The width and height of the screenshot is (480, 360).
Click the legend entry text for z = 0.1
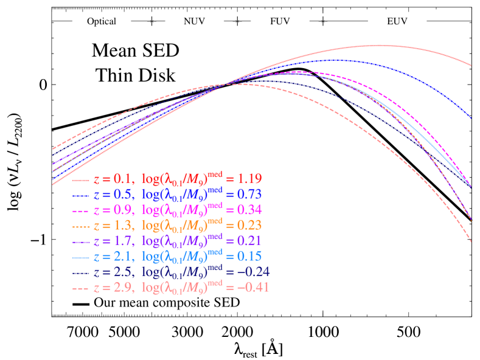click(x=112, y=179)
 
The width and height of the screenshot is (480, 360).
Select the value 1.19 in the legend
click(x=250, y=179)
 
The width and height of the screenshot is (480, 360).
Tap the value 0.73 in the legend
click(x=250, y=195)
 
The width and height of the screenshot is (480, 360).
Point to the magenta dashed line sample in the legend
click(x=82, y=210)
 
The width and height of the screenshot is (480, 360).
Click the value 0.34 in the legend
click(x=250, y=210)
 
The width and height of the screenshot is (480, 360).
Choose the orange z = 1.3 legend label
click(x=112, y=226)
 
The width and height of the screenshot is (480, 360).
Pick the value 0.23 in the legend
click(x=250, y=226)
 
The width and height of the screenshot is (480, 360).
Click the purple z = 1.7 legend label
click(x=112, y=241)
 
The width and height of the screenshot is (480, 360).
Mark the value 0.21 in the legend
click(x=250, y=241)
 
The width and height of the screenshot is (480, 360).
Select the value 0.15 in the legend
click(x=250, y=256)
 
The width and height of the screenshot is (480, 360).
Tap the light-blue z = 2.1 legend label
click(x=112, y=256)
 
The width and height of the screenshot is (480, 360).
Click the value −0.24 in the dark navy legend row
click(x=254, y=272)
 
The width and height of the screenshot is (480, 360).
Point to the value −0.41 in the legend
click(x=254, y=287)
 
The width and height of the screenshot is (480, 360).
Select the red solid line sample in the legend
click(x=82, y=180)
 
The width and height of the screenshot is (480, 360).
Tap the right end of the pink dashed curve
click(x=473, y=243)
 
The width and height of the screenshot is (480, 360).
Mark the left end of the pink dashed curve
click(x=52, y=149)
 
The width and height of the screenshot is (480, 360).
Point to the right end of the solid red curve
click(x=473, y=66)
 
